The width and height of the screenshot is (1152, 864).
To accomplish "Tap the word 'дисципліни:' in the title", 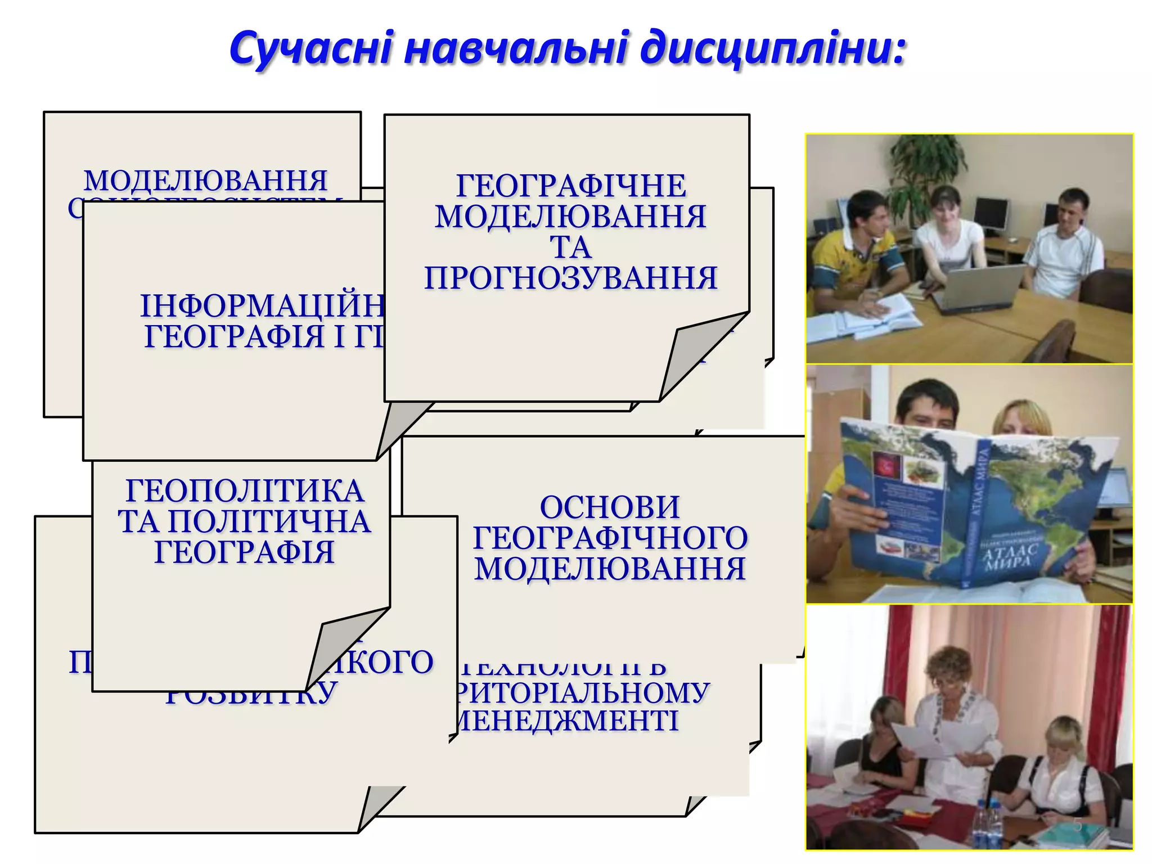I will (773, 49).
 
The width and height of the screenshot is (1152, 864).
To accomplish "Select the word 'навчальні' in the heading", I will (515, 49).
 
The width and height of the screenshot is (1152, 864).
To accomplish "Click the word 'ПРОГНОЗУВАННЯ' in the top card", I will (571, 278).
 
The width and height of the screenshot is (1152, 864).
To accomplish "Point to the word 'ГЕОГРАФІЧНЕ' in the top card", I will (571, 186).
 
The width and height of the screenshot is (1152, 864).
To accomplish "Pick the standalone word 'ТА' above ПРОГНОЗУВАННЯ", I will (570, 247).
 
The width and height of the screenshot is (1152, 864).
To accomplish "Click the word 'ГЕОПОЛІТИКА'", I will (245, 490).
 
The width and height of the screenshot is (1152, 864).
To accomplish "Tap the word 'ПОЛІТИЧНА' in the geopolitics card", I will (269, 521).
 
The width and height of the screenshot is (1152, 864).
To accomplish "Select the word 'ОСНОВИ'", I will (610, 507).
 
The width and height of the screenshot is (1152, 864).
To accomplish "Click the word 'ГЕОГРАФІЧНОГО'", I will (610, 538).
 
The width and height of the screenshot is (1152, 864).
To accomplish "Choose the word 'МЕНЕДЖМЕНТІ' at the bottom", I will (568, 721).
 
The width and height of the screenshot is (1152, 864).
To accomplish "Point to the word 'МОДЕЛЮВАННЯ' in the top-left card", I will (206, 181).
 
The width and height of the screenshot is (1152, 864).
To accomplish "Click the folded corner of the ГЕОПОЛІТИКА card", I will (337, 647).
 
